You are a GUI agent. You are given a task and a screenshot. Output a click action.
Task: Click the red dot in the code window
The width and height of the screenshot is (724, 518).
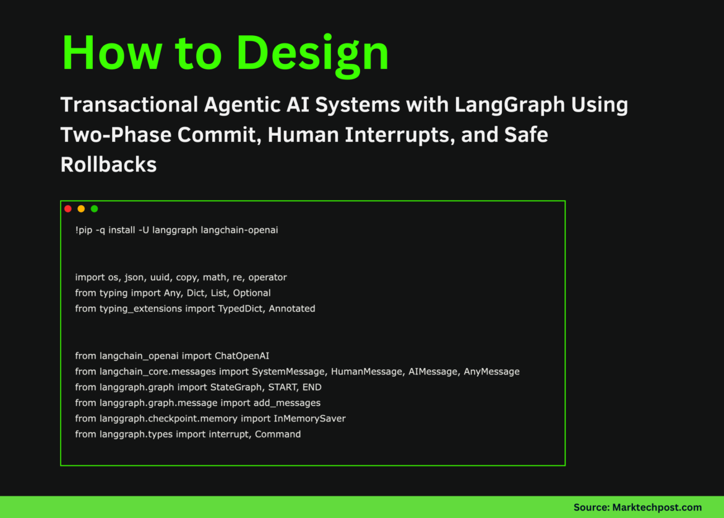pos(68,209)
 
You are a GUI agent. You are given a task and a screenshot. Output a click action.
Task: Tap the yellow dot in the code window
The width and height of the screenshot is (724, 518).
pos(81,209)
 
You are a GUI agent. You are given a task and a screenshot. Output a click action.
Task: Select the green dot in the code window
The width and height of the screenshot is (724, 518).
pos(94,209)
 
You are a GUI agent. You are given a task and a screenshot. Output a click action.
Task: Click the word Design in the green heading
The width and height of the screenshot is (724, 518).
pos(313,54)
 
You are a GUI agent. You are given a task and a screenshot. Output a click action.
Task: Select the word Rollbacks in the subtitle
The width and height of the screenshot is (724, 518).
pos(108,164)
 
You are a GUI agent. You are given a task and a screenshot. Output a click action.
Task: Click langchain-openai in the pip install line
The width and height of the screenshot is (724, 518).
pos(239,230)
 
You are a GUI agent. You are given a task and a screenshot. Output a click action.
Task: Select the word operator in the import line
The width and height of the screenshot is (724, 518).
pos(267,277)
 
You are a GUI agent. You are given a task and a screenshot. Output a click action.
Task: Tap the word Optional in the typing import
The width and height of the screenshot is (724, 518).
pos(252,292)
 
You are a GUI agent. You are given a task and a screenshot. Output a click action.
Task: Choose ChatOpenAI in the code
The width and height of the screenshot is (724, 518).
pos(242,356)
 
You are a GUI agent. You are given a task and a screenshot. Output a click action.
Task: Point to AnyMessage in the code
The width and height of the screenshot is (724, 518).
pos(491,371)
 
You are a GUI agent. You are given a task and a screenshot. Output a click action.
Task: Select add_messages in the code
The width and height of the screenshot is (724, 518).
pos(287,403)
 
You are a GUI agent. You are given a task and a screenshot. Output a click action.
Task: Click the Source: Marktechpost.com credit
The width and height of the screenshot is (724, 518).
pos(637,507)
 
